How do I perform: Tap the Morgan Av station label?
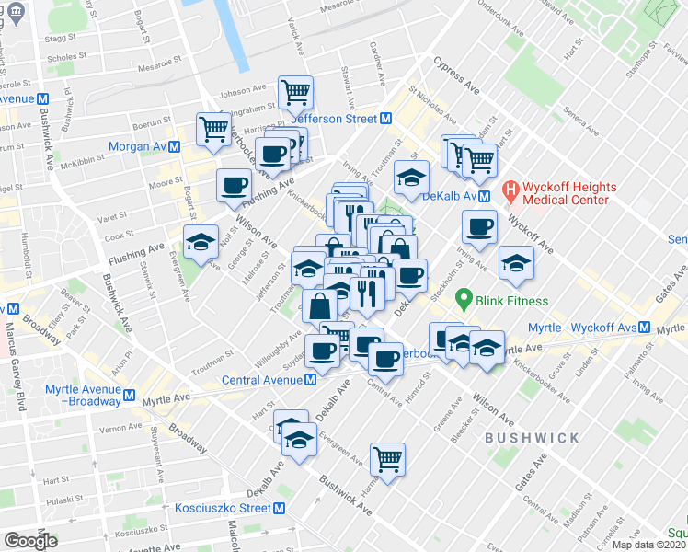click(x=137, y=146)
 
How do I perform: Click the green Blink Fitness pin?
click(x=465, y=299)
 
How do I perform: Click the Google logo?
click(x=29, y=541)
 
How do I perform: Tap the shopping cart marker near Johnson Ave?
click(x=295, y=92)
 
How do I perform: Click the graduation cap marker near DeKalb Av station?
click(x=411, y=177)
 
